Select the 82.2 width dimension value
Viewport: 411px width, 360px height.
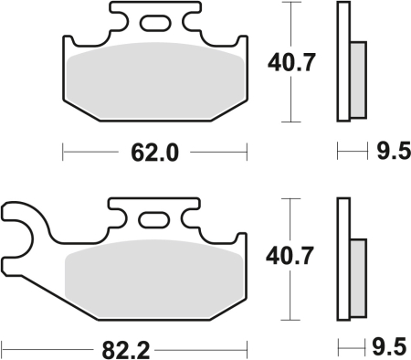(x=124, y=347)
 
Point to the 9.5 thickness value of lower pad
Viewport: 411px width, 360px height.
(x=387, y=347)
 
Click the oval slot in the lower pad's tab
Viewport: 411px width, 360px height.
(x=153, y=218)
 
